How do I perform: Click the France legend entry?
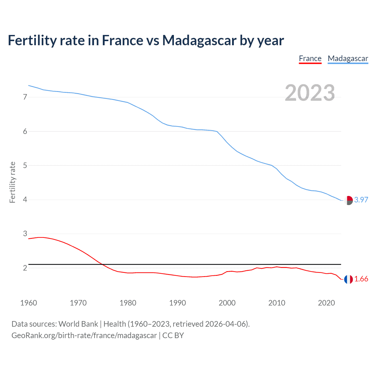tap(310, 58)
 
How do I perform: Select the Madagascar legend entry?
tap(348, 58)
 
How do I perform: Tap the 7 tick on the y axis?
tap(25, 97)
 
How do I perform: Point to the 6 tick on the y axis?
tap(25, 131)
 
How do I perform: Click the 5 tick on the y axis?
tap(25, 165)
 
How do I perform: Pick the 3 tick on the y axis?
tap(25, 234)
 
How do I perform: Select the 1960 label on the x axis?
tap(28, 303)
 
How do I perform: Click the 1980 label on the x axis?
tap(128, 303)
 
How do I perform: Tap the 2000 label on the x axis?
tap(227, 303)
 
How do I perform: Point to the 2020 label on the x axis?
tap(326, 303)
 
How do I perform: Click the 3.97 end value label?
tap(361, 200)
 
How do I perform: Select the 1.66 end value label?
tap(361, 279)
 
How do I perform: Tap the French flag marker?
tap(348, 279)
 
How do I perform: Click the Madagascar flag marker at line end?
tap(348, 200)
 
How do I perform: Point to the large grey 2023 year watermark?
tap(310, 93)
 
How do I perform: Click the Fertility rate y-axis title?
tap(12, 182)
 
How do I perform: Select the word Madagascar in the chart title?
tap(199, 40)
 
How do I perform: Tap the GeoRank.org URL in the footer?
tap(84, 335)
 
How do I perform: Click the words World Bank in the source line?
tap(78, 324)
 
